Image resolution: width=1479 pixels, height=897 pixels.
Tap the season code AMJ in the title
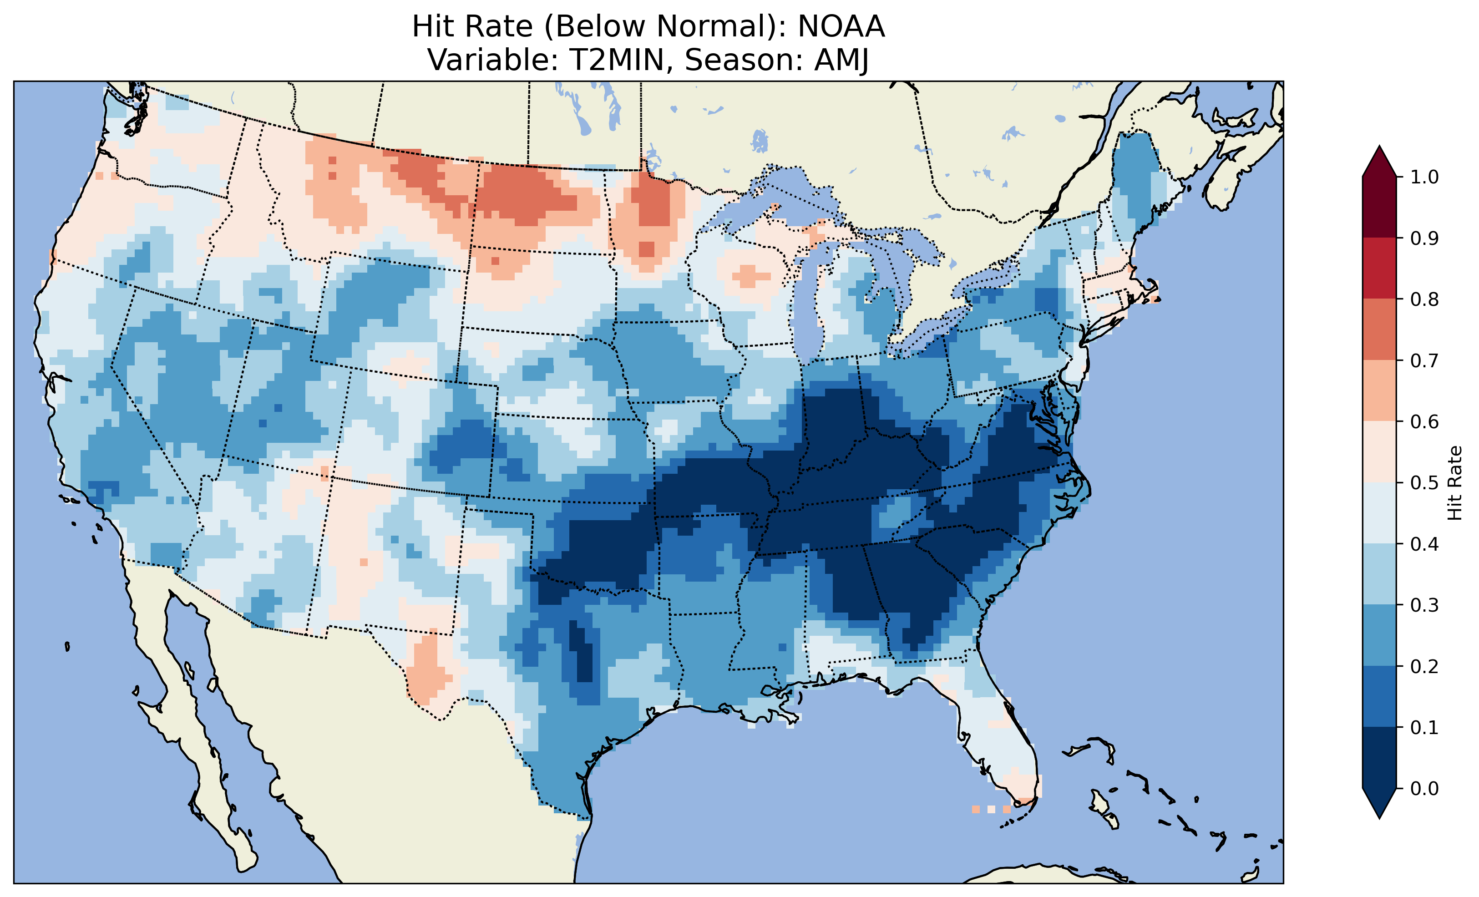841,60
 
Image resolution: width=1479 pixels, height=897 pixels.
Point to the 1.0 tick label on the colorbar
1424,177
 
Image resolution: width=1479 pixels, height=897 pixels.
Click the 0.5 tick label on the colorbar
1424,483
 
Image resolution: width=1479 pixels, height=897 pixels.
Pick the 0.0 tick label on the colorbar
1424,788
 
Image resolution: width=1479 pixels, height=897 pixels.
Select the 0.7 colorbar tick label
1424,361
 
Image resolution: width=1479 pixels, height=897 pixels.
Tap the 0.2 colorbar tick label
1424,666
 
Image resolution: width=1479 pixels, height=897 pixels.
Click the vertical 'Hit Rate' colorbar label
1454,483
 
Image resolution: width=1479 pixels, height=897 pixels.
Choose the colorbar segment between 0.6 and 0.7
1379,391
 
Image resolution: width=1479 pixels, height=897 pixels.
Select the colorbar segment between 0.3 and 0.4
1379,574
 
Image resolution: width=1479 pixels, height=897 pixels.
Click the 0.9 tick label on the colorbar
1424,238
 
